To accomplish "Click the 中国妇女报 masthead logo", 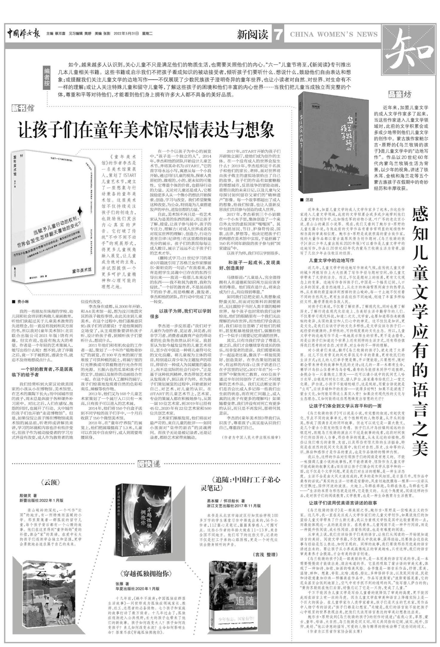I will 24,34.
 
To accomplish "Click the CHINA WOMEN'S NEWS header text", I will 334,34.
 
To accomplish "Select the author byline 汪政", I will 309,200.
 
